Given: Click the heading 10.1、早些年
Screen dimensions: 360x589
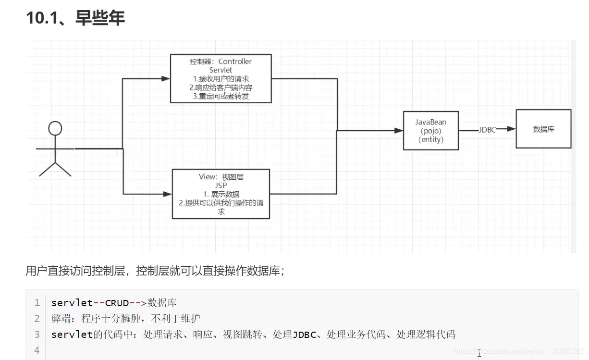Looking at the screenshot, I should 75,18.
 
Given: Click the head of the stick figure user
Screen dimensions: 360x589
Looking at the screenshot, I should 56,128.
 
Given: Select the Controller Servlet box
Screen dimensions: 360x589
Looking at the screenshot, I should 221,78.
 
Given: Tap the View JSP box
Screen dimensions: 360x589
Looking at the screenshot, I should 221,194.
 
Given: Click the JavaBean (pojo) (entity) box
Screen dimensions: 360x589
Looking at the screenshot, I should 431,131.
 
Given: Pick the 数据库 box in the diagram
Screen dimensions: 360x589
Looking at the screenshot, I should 543,129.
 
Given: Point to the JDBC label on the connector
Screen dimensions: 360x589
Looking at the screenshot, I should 487,130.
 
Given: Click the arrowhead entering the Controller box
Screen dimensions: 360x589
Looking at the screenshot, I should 167,78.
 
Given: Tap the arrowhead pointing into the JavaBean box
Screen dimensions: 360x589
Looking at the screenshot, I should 399,130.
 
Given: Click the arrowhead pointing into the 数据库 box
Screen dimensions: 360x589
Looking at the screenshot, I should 512,129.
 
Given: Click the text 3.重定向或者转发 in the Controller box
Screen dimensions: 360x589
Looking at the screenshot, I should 221,96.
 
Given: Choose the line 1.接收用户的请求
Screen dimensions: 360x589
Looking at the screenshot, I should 221,79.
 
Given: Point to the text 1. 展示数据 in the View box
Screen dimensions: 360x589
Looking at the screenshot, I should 221,194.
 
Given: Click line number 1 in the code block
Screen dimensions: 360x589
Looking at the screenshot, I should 37,303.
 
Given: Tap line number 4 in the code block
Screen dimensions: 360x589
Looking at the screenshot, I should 37,350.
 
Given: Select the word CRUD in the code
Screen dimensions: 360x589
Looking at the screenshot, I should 117,303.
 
